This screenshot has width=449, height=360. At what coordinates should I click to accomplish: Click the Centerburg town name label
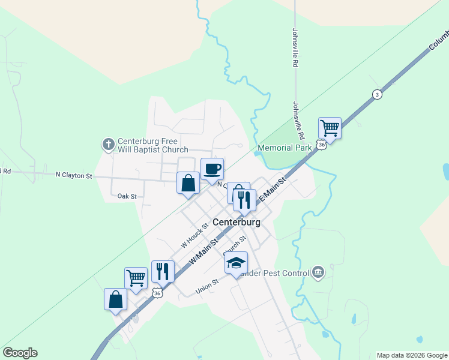pos(237,222)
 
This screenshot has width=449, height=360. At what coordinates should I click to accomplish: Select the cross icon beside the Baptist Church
pos(108,144)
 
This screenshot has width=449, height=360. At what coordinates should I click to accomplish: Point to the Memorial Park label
pos(285,148)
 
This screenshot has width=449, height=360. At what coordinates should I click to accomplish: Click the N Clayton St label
pos(74,176)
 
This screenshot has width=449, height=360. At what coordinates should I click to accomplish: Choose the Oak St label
pos(127,196)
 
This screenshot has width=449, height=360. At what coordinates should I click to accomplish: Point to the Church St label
pos(235,245)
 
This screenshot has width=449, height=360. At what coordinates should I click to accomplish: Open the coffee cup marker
pos(212,168)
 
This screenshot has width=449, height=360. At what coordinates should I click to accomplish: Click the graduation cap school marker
pos(236,262)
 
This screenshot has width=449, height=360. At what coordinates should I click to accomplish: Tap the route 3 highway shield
pos(376,94)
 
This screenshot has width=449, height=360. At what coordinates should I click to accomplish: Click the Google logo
pos(20,353)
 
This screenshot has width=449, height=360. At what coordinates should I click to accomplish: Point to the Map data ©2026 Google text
pos(411,355)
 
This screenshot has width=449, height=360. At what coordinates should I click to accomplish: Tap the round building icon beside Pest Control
pos(318,273)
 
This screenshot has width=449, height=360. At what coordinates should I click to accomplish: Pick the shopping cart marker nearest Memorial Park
pos(330,127)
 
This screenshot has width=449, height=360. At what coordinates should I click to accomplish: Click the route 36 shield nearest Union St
pos(157,292)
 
